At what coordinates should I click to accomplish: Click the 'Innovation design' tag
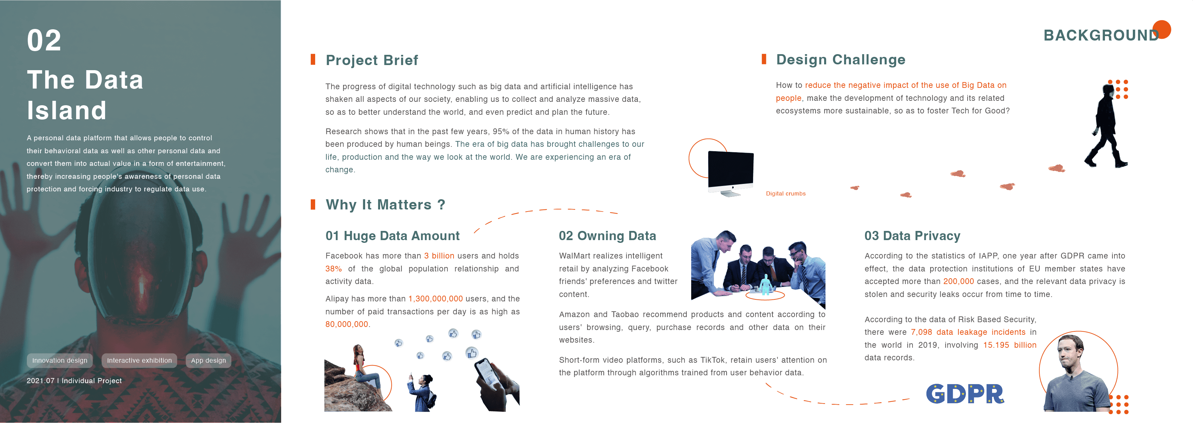pos(60,360)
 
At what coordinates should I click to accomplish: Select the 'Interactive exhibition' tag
pos(139,360)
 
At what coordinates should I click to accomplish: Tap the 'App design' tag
pos(208,360)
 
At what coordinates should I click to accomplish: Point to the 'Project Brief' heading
pos(372,60)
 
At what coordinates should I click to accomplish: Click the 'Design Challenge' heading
pos(840,60)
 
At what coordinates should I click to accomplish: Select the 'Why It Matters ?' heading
pos(385,205)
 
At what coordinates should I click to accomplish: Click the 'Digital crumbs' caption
pos(785,193)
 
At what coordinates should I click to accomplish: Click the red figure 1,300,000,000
pos(435,299)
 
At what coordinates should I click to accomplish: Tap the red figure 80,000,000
pos(347,324)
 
